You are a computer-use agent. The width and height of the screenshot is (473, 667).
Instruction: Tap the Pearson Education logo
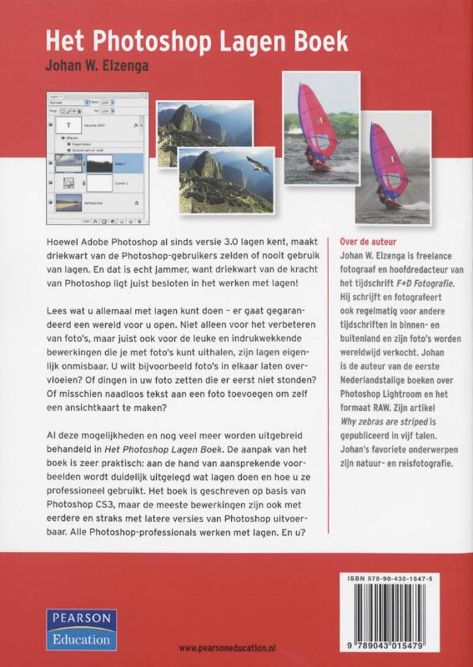[81, 629]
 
